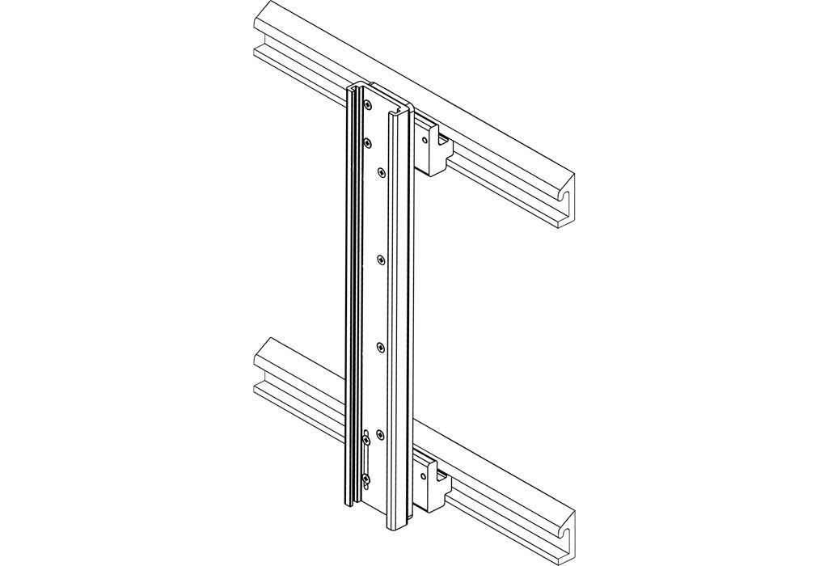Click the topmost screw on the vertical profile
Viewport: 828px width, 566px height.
[x=368, y=104]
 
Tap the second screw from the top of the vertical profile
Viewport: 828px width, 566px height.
[x=368, y=142]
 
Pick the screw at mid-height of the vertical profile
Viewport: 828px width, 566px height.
[x=381, y=259]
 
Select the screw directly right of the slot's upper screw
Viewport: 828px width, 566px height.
[x=381, y=436]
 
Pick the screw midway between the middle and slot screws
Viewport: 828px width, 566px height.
[x=381, y=348]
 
